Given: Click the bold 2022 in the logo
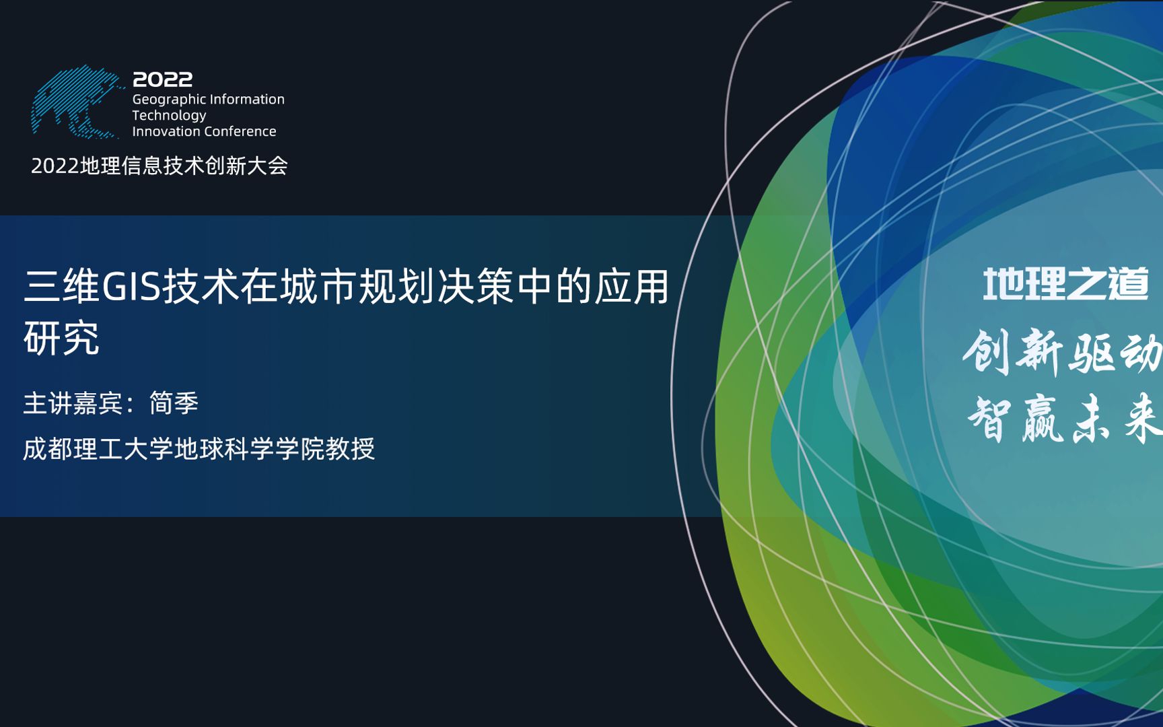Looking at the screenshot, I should pos(162,79).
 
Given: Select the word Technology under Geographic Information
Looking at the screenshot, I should pos(169,116).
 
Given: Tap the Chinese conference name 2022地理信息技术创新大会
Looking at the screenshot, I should pos(160,166).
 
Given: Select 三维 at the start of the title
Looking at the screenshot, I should pos(62,286).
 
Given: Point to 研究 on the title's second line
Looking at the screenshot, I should pos(62,338).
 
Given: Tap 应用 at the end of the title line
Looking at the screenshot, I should pos(631,286).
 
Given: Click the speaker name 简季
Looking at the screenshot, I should pos(174,403).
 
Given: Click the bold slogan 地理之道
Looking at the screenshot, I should pos(1065,284).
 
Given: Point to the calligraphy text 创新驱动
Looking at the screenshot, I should pos(1062,352).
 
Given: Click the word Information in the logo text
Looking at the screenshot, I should pos(246,100).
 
